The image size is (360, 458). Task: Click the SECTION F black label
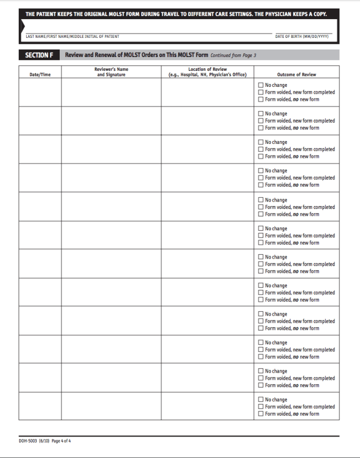pos(39,55)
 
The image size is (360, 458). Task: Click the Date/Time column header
pos(40,75)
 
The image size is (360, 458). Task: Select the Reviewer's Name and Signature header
pos(111,72)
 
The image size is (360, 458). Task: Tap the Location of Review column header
pos(207,72)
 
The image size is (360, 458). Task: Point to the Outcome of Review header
pos(297,75)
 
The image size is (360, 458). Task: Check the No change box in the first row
pos(260,85)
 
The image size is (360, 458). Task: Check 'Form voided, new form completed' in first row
pos(260,92)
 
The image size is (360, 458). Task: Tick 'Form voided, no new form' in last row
pos(260,414)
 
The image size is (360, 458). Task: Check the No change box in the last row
pos(260,400)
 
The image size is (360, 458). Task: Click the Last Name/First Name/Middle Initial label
pos(73,37)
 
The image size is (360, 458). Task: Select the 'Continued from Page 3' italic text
pos(233,55)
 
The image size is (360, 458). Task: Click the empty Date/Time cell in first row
pos(40,92)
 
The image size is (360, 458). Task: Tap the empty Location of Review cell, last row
pos(207,406)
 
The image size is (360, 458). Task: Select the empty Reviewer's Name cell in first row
pos(111,92)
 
